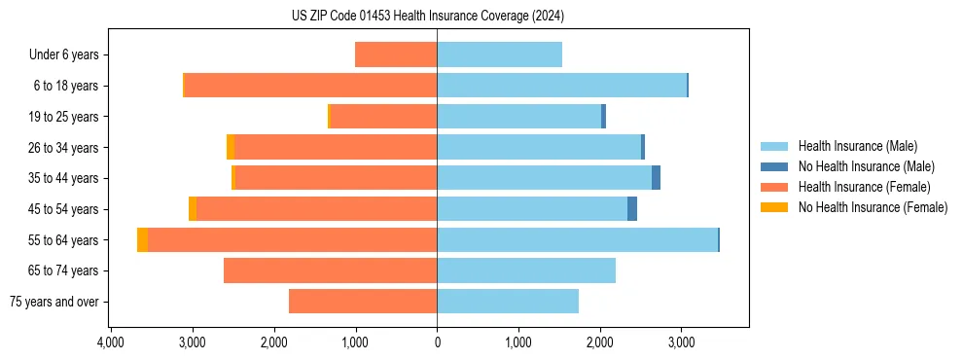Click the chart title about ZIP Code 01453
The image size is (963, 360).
(427, 16)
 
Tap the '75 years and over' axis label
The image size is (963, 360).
(53, 302)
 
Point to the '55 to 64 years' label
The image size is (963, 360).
(64, 239)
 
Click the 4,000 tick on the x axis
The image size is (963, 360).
(110, 342)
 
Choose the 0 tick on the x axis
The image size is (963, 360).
(437, 342)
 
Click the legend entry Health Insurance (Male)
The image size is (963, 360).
(857, 146)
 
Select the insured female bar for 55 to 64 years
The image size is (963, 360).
(292, 239)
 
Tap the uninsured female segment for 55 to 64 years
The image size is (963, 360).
(142, 239)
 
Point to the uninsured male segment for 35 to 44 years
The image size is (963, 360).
(656, 178)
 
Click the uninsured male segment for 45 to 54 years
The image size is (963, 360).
(632, 208)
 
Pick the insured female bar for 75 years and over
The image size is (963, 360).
(363, 302)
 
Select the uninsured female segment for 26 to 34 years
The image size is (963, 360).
(230, 147)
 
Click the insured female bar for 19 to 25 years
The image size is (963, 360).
(383, 116)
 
